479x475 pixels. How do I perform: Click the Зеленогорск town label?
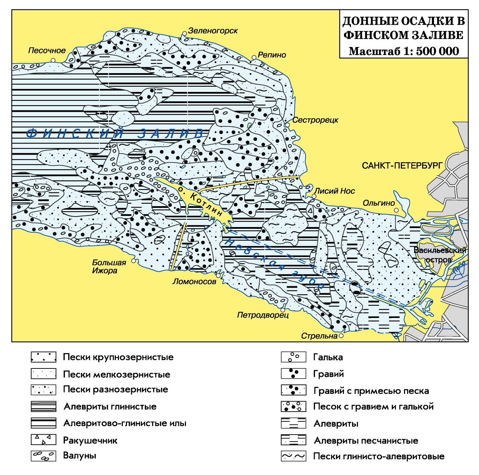(x=213, y=31)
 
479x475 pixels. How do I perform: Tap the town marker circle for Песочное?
(x=53, y=60)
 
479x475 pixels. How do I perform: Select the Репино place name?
(x=272, y=55)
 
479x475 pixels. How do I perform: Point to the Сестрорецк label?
(x=315, y=120)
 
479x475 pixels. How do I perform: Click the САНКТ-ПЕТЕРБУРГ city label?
(x=402, y=165)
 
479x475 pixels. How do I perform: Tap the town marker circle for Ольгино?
(x=396, y=210)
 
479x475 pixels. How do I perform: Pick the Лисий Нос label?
(x=334, y=191)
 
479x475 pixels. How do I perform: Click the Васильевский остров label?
(x=440, y=255)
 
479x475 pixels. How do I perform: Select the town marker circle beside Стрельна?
(x=341, y=336)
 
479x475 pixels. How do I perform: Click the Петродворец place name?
(x=263, y=315)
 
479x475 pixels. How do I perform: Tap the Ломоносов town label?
(x=194, y=281)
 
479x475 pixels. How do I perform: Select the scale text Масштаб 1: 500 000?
(x=404, y=51)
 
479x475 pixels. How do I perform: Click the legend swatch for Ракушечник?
(x=43, y=440)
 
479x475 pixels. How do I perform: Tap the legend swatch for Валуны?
(x=43, y=456)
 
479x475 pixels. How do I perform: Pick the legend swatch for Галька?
(x=293, y=357)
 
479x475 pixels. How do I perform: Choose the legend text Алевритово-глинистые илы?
(x=125, y=423)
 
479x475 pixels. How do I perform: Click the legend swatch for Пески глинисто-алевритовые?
(x=293, y=456)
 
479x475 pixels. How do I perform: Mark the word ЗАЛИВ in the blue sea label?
(x=171, y=133)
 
